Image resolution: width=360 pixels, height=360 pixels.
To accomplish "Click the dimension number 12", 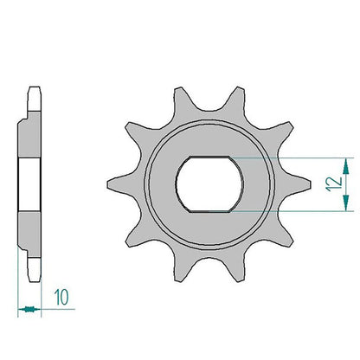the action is click(x=334, y=184).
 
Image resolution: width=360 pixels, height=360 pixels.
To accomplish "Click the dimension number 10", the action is click(x=61, y=297).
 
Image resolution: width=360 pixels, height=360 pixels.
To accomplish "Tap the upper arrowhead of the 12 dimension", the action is click(x=346, y=167).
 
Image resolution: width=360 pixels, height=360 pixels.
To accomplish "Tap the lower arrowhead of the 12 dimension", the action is click(x=346, y=202).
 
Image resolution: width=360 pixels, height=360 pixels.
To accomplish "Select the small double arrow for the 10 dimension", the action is click(x=29, y=309).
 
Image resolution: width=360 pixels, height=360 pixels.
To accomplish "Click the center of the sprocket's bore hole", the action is click(x=209, y=184).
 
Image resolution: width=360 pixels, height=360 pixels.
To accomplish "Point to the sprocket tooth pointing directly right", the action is click(x=300, y=184).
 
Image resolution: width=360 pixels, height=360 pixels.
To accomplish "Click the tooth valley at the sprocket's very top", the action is click(x=209, y=110).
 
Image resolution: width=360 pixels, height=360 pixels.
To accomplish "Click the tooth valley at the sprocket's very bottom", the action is click(x=209, y=259).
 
